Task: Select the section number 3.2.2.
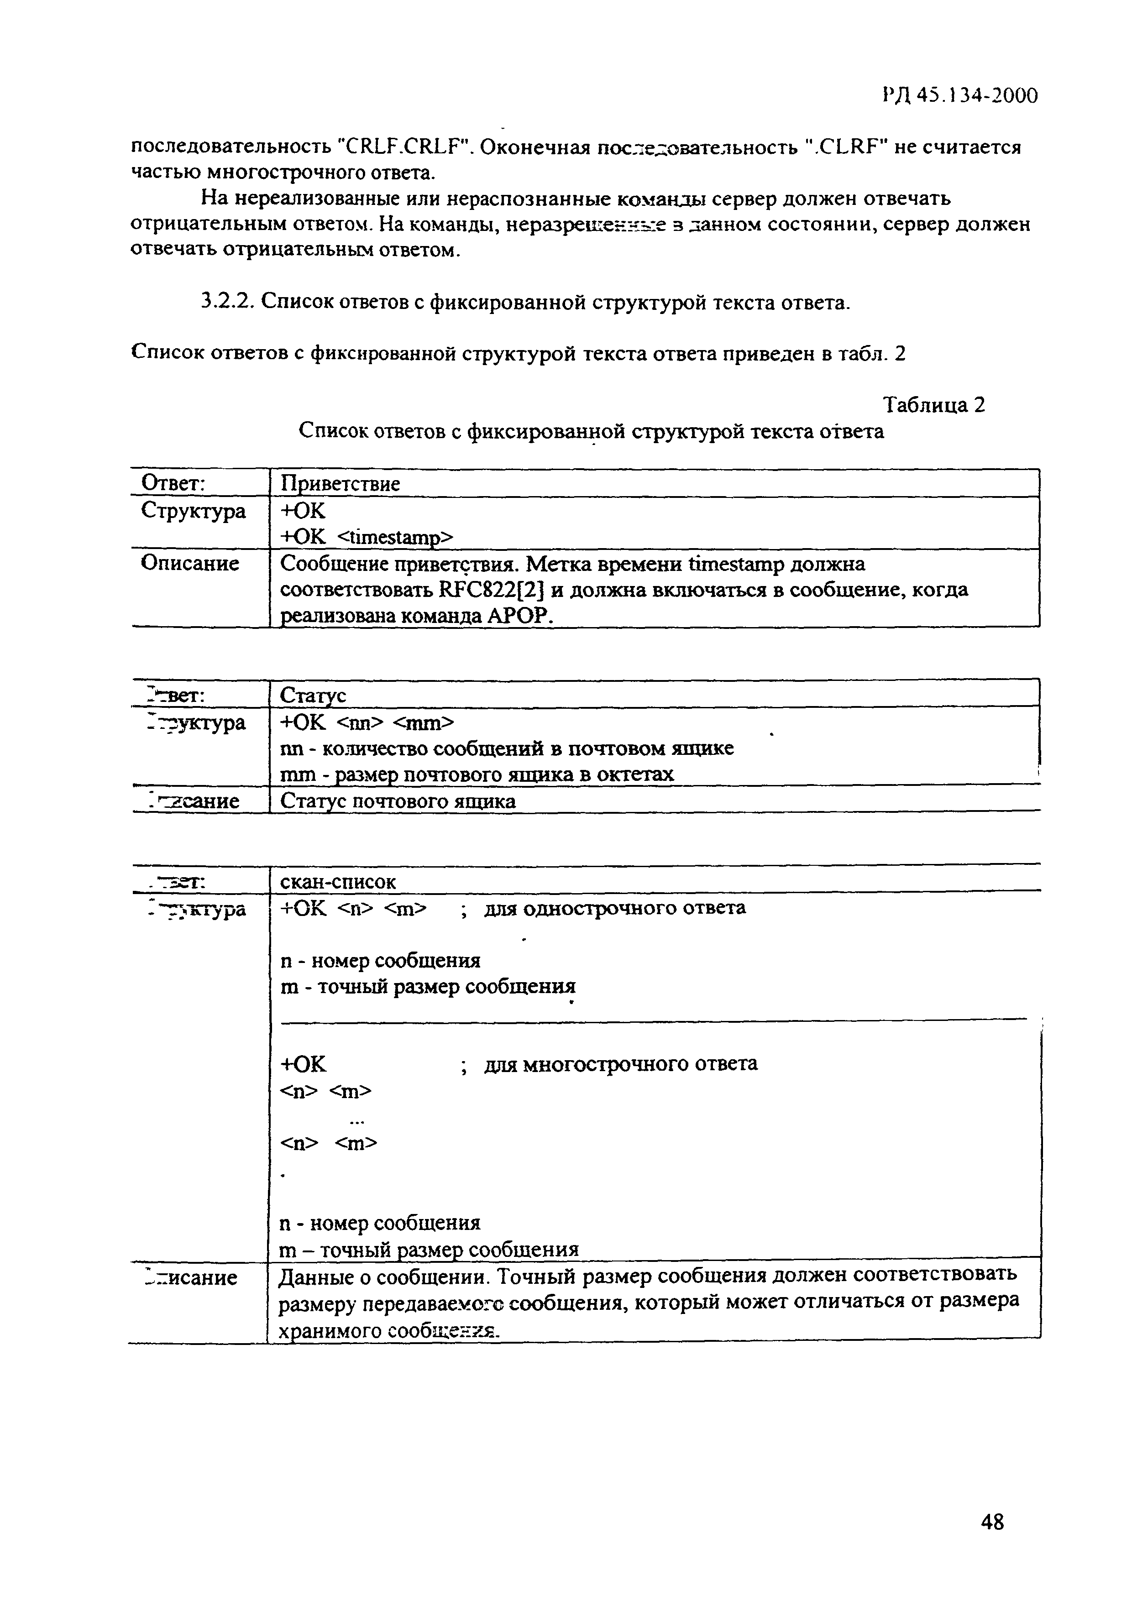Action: coord(228,302)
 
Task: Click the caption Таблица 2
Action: coord(934,405)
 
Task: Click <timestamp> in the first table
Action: coord(395,537)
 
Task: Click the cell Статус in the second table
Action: coord(313,695)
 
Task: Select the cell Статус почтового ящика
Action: coord(398,801)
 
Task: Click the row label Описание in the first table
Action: coord(190,564)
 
